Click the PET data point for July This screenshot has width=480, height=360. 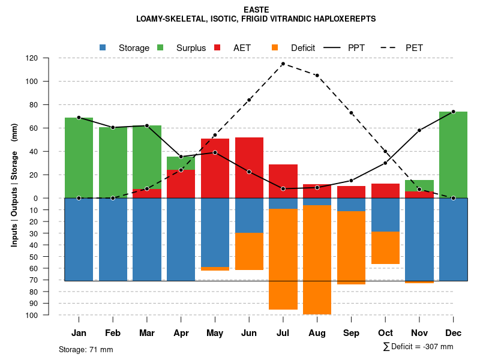tap(283, 64)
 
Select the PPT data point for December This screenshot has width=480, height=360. tap(453, 112)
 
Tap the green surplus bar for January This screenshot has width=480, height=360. tap(79, 157)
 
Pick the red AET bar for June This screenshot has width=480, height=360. tap(249, 167)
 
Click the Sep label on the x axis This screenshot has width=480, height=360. tap(351, 333)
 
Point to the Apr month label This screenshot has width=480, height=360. tap(181, 333)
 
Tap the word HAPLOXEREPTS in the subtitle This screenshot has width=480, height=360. tap(343, 19)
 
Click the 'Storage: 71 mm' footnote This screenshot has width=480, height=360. tap(86, 349)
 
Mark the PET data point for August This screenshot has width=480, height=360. tap(317, 76)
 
